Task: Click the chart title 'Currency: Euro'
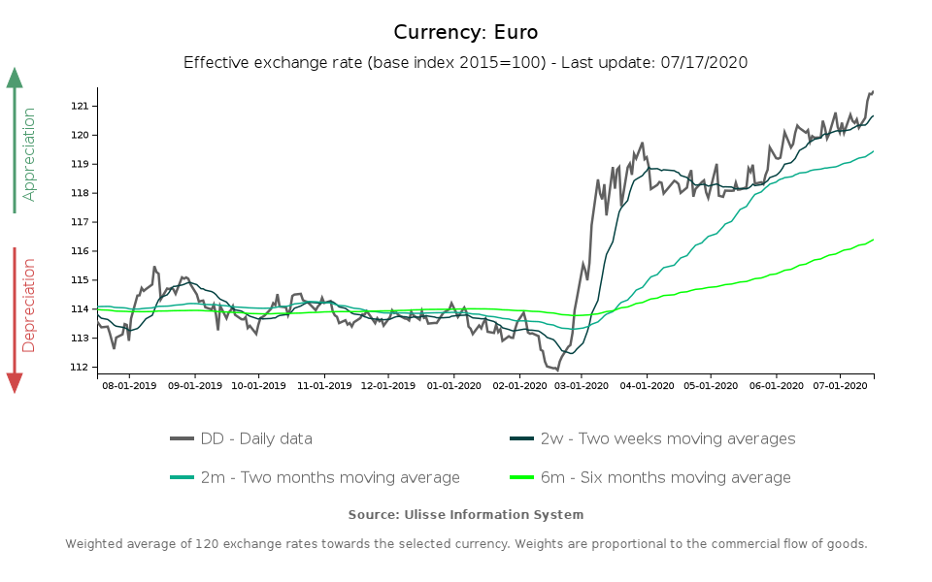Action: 466,32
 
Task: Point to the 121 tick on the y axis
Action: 83,106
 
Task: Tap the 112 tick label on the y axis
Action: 83,368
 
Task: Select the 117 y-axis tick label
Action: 83,222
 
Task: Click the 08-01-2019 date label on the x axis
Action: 129,385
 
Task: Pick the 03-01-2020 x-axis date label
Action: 581,385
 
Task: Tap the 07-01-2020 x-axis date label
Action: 840,385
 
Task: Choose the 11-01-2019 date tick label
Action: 323,385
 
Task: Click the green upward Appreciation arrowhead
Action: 15,78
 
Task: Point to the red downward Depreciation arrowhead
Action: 15,382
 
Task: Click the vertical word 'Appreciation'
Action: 29,154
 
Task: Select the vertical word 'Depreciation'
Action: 29,305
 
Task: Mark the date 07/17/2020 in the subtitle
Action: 707,62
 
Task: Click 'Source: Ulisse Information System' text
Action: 466,514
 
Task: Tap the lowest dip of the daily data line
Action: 557,370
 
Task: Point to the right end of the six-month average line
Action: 873,240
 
